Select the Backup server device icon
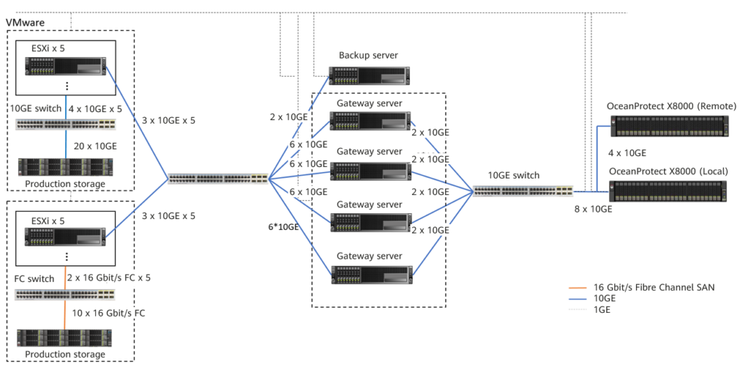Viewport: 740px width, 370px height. tap(369, 75)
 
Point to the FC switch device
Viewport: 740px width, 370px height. tap(64, 296)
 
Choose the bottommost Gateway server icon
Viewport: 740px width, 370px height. tap(372, 275)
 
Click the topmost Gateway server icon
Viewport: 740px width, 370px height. tap(371, 121)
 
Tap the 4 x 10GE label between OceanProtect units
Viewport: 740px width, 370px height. tap(627, 153)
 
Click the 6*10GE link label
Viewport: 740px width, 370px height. tap(283, 227)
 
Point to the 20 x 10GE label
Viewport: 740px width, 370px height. tap(95, 147)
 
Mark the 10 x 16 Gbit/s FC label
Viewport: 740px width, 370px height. tap(112, 313)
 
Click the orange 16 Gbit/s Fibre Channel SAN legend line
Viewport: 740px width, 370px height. tap(579, 287)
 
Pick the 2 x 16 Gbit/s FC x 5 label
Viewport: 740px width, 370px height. tap(109, 277)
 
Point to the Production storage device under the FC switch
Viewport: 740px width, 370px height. tap(64, 338)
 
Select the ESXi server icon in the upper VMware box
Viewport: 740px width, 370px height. tap(64, 66)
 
